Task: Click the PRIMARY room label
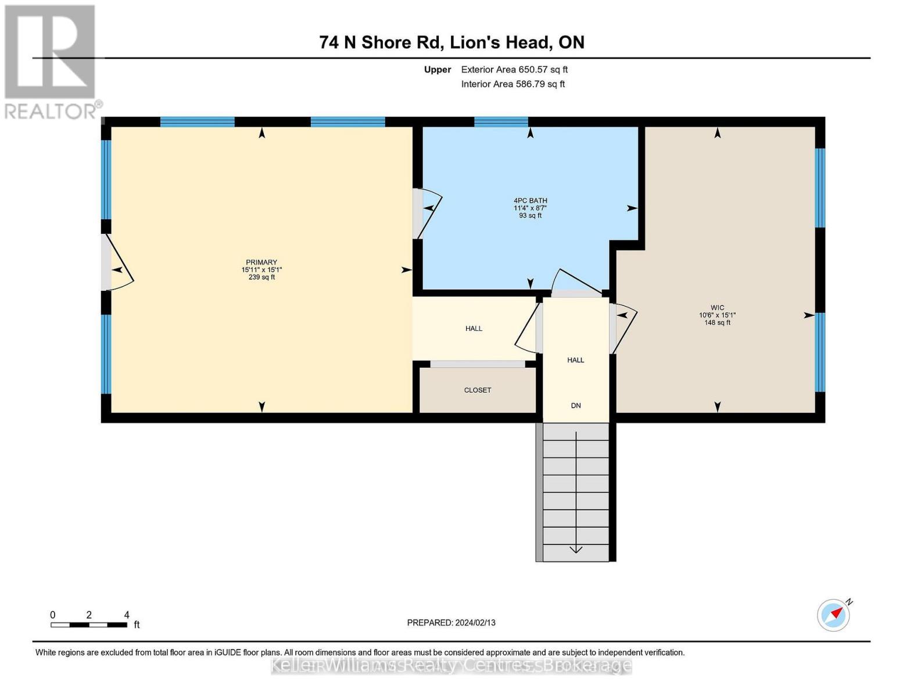pyautogui.click(x=261, y=262)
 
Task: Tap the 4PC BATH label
pyautogui.click(x=530, y=201)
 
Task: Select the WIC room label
pyautogui.click(x=717, y=308)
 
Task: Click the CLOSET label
pyautogui.click(x=478, y=390)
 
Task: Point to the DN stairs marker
pyautogui.click(x=576, y=406)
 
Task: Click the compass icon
pyautogui.click(x=834, y=615)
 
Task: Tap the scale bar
pyautogui.click(x=89, y=625)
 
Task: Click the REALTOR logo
pyautogui.click(x=51, y=62)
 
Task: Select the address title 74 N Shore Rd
pyautogui.click(x=451, y=42)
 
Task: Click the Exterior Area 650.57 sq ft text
pyautogui.click(x=514, y=70)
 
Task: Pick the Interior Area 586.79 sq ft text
pyautogui.click(x=513, y=84)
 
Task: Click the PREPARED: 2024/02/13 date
pyautogui.click(x=451, y=622)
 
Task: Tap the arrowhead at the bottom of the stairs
pyautogui.click(x=576, y=549)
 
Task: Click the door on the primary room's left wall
pyautogui.click(x=118, y=263)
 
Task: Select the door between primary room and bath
pyautogui.click(x=428, y=213)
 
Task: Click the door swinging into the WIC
pyautogui.click(x=623, y=327)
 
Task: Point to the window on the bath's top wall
pyautogui.click(x=501, y=122)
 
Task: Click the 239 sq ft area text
pyautogui.click(x=261, y=277)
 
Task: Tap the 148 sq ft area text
pyautogui.click(x=717, y=323)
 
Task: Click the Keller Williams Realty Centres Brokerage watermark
pyautogui.click(x=451, y=665)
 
